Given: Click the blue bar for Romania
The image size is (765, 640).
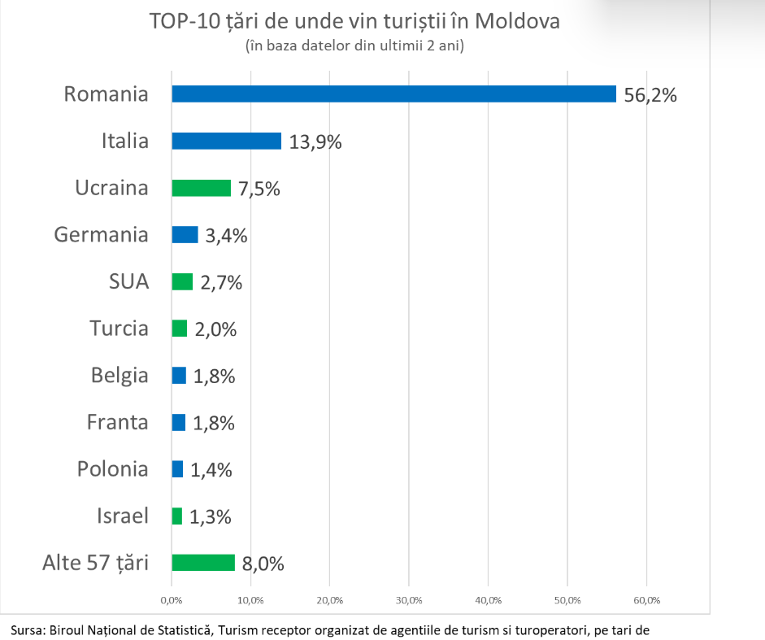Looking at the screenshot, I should tap(393, 94).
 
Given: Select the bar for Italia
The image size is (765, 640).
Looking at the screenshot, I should tap(226, 141).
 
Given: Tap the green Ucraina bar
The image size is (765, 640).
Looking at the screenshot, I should tap(201, 189).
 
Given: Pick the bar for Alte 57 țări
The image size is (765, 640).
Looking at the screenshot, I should tap(203, 563).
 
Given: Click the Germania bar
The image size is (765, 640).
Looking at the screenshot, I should tap(185, 235).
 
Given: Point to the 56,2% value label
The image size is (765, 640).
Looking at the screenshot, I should tap(650, 95).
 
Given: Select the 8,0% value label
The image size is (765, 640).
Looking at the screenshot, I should tap(263, 564).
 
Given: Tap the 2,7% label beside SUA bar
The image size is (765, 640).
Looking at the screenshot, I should tap(221, 283).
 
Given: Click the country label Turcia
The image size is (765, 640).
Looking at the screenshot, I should tap(119, 329).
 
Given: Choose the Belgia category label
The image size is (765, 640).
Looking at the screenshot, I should tap(120, 376).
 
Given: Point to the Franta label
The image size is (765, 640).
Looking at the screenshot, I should tap(118, 423).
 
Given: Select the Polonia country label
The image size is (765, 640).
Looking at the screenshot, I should tap(113, 469).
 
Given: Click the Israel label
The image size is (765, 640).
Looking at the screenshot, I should tap(123, 516).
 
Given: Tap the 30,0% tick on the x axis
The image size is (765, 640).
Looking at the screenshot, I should tap(409, 600).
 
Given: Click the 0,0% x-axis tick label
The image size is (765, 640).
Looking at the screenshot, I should tap(172, 600).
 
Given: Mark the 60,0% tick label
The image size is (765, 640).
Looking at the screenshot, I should tap(646, 600).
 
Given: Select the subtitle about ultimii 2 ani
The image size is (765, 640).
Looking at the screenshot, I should tap(354, 46).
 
